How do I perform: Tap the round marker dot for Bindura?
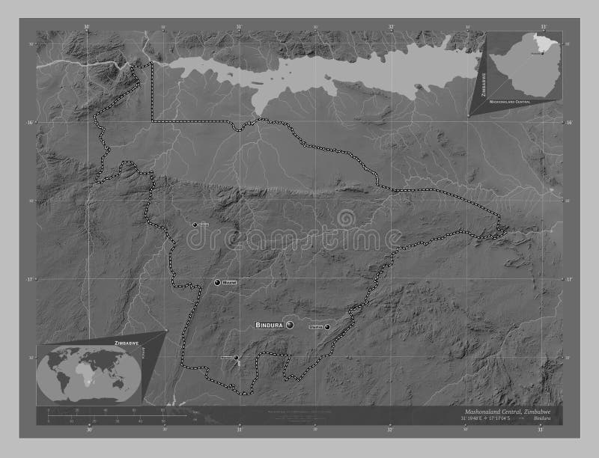[290, 326]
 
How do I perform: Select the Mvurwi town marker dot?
[218, 283]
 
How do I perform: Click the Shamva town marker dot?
[327, 326]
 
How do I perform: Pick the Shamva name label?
[315, 326]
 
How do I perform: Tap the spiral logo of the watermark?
[347, 219]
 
